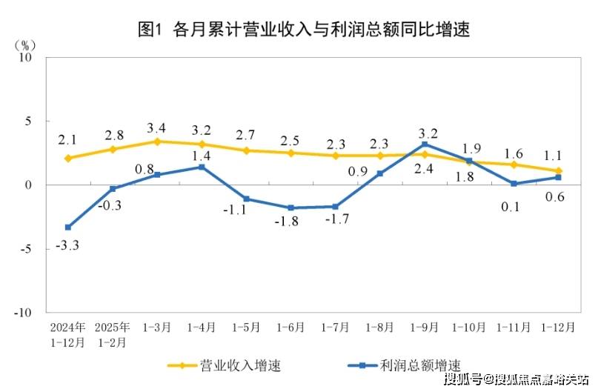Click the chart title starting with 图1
click(x=305, y=29)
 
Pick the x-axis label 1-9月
click(x=424, y=327)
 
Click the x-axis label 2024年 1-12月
click(x=68, y=334)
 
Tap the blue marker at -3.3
click(x=68, y=227)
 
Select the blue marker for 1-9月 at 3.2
click(x=424, y=144)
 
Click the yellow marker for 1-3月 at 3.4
click(x=157, y=141)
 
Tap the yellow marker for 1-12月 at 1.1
click(x=557, y=170)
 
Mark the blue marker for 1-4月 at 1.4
click(x=202, y=167)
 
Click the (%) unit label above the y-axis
click(x=25, y=44)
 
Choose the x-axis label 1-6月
click(x=290, y=327)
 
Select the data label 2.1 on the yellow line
click(x=68, y=139)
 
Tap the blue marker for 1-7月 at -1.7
click(x=335, y=207)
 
